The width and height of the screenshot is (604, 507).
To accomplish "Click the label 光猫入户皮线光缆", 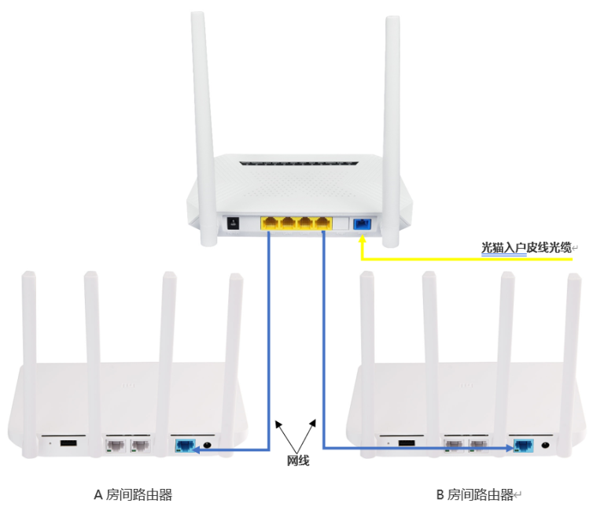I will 525,248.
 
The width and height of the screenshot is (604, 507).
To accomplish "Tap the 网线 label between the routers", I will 296,461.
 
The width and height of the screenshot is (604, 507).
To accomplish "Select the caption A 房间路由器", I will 133,494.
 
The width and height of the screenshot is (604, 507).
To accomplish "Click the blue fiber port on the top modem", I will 362,224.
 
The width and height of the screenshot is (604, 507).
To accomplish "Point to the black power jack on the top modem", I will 232,223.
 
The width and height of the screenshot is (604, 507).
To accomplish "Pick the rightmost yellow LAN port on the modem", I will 322,223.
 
